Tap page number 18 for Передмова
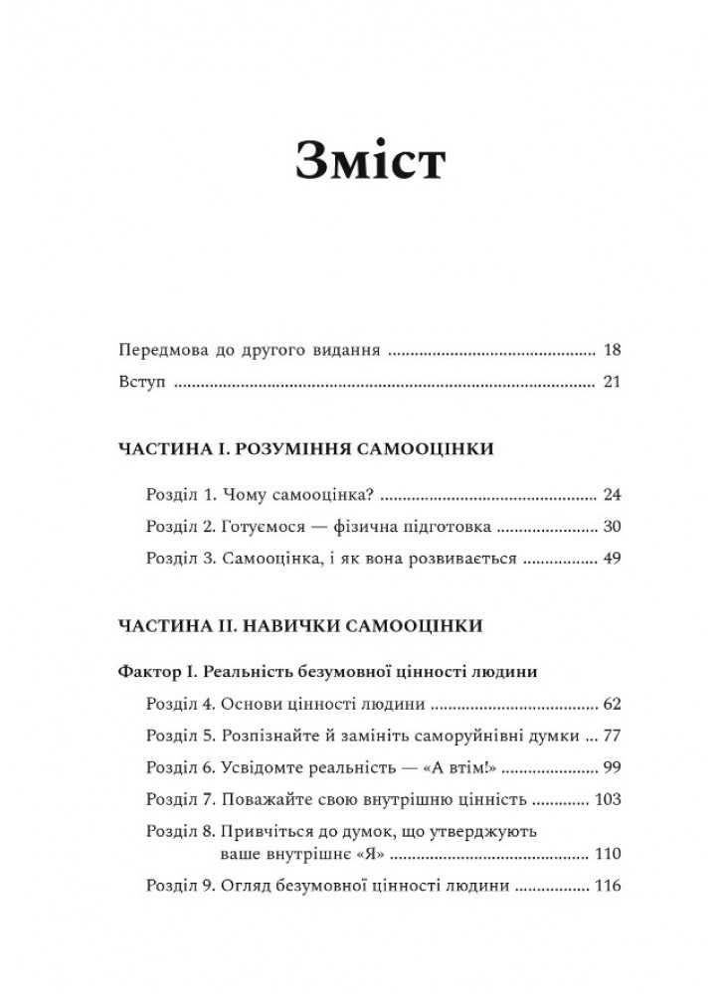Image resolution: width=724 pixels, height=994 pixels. coord(612,351)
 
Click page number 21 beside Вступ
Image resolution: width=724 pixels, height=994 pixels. coord(612,383)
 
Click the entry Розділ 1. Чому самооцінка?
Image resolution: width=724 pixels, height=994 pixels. coord(263,494)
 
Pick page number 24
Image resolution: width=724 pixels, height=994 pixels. coord(611,494)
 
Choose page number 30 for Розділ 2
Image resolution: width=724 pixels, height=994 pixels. coord(611,526)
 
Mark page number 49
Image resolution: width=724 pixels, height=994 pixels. coord(611,559)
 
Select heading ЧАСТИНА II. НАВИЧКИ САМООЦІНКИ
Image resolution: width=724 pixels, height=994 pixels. coord(300,626)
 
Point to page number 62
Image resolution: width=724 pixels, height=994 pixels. coord(611,705)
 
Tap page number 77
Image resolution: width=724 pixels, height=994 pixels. coord(611,737)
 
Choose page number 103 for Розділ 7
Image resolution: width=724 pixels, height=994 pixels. coord(606,800)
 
